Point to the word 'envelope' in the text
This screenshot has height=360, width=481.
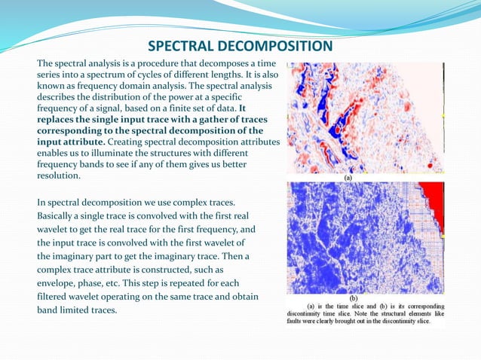[58, 283]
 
